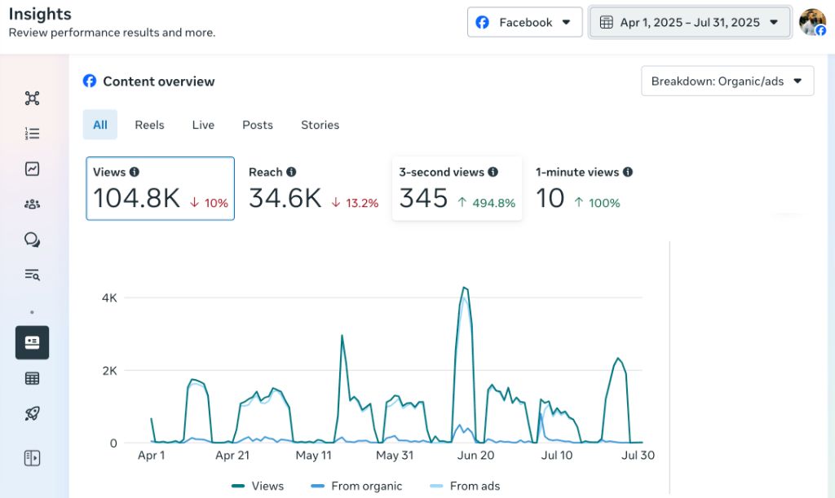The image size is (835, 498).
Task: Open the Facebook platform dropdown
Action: (x=524, y=23)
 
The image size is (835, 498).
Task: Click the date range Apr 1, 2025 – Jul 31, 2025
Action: (x=689, y=23)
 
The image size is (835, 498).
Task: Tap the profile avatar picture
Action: (x=812, y=23)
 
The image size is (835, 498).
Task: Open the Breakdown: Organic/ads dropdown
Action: (x=727, y=82)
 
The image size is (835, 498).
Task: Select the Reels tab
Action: (x=149, y=125)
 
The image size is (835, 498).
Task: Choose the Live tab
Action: (x=203, y=125)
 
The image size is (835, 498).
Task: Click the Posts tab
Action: (x=258, y=125)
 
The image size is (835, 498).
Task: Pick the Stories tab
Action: (x=320, y=125)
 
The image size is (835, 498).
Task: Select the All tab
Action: (x=100, y=125)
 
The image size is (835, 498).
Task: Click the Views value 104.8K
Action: (x=136, y=198)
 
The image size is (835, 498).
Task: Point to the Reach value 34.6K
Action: (x=285, y=198)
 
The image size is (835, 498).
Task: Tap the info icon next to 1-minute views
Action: (x=627, y=172)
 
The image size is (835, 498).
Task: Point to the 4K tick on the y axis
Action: (x=108, y=298)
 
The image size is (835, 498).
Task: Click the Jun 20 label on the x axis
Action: (x=475, y=456)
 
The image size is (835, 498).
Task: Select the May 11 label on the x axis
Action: (x=313, y=456)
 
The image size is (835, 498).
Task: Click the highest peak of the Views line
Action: (x=464, y=288)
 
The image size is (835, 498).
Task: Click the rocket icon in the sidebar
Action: (x=32, y=414)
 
